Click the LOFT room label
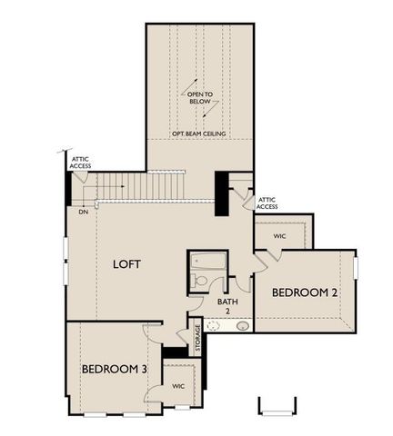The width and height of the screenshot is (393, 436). (126, 264)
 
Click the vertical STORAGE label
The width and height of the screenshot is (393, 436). (196, 338)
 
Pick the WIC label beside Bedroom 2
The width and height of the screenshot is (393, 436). (279, 235)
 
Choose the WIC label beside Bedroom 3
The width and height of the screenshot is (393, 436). (178, 385)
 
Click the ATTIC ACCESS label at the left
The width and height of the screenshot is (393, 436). (80, 163)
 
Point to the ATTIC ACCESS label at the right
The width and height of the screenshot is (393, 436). (267, 203)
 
